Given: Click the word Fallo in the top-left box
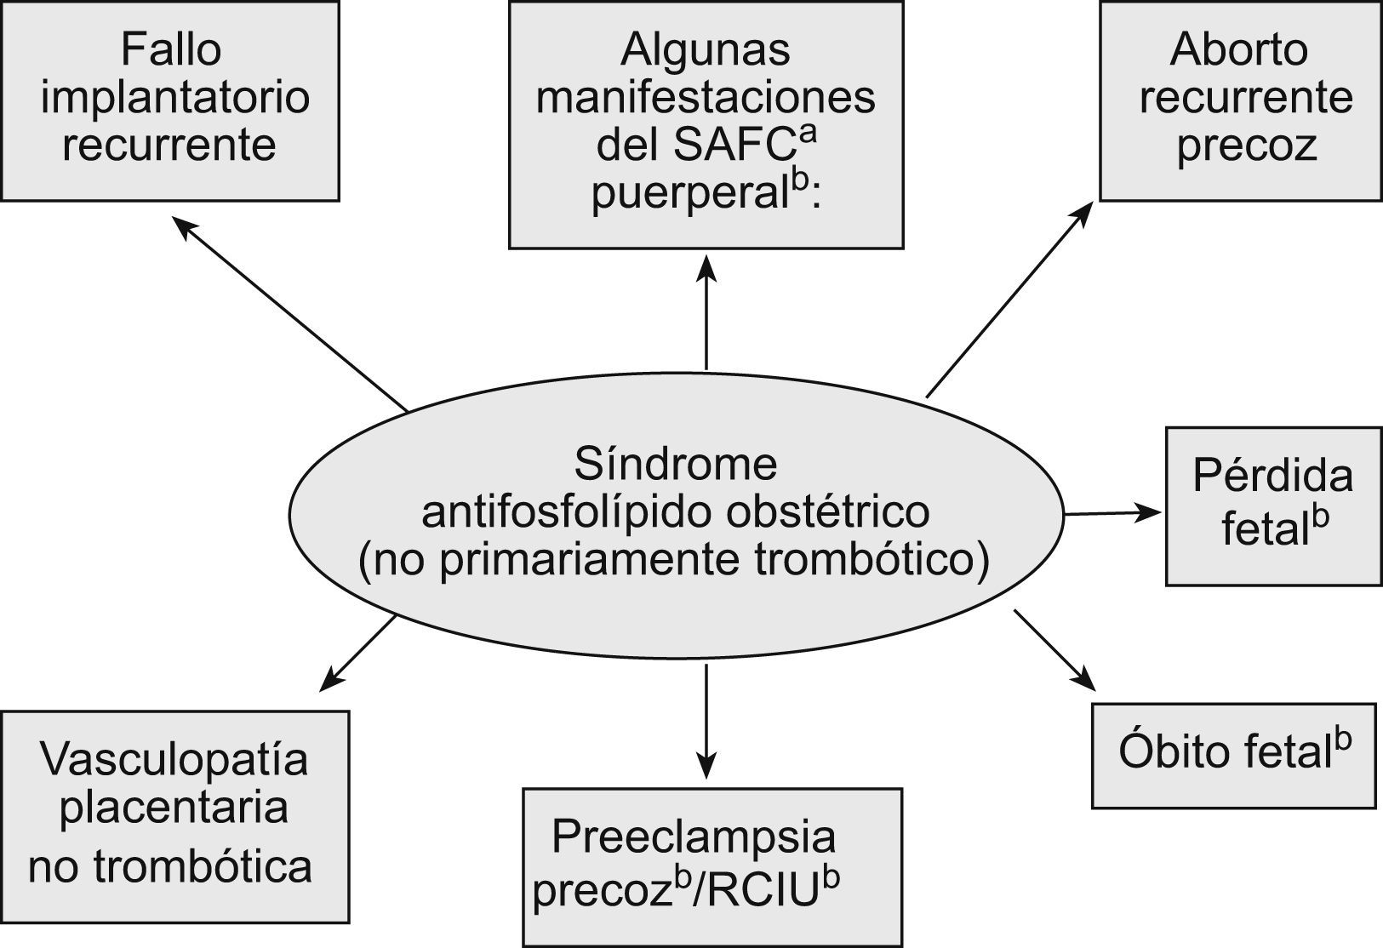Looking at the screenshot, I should (x=170, y=49).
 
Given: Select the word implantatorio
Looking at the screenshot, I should (x=174, y=98).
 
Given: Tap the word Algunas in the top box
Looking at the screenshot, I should (x=705, y=49).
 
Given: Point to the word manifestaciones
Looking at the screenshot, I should (x=706, y=98).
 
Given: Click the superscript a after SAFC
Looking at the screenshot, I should (x=808, y=135).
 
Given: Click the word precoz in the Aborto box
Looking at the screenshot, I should (x=1246, y=146).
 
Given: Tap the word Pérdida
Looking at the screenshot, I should (x=1272, y=476).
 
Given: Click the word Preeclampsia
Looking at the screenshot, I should (x=694, y=837).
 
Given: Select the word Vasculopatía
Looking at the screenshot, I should (x=174, y=758).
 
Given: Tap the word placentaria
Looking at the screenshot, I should (x=174, y=807).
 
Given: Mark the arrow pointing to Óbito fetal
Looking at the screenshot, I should (x=1054, y=649).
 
